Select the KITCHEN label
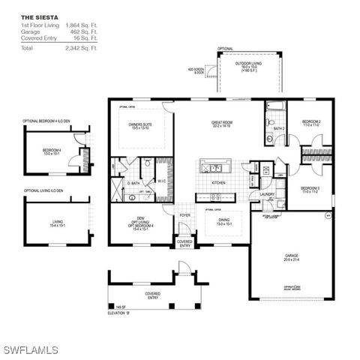[218, 182]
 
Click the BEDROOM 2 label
[311, 121]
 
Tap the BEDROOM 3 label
[310, 188]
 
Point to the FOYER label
[185, 215]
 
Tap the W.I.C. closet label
[162, 181]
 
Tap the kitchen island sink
[211, 167]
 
